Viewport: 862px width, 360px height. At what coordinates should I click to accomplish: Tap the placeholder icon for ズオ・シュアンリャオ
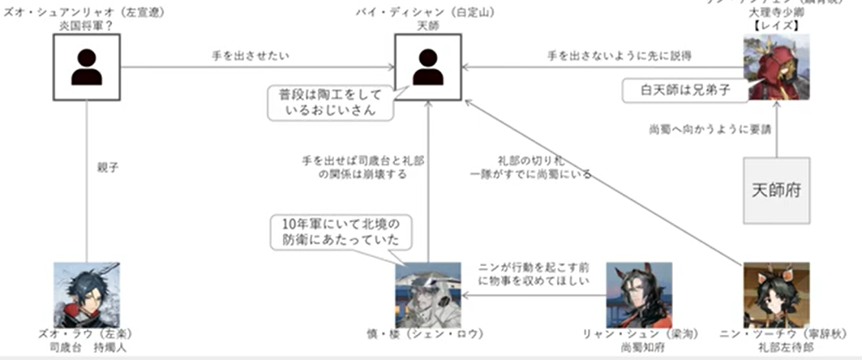point(86,67)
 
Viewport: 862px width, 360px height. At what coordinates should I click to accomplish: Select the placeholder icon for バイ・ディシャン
point(427,67)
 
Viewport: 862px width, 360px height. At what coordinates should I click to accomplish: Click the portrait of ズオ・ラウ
point(86,294)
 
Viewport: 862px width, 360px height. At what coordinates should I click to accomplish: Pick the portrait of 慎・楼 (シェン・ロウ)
point(427,294)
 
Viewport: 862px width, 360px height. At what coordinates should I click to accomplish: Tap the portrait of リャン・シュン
point(639,294)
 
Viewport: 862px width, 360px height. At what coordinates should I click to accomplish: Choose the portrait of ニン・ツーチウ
point(776,294)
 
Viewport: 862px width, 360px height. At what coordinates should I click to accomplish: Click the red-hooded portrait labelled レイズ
point(776,70)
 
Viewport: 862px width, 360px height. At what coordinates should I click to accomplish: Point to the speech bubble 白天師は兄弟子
point(683,90)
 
